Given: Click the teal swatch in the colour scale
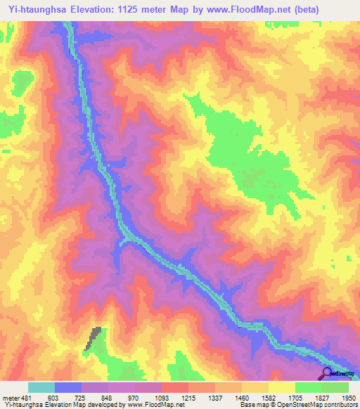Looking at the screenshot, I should point(41,387).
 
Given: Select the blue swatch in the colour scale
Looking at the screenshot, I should point(68,387).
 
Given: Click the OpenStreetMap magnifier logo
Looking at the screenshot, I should point(327,373).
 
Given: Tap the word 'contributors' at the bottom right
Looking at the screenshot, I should point(337,405).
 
